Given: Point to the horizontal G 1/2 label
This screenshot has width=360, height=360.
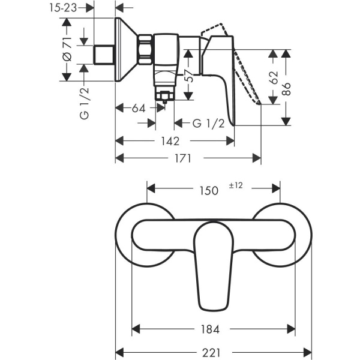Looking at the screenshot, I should (x=208, y=124).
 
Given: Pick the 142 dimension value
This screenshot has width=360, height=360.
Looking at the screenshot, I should (x=170, y=141).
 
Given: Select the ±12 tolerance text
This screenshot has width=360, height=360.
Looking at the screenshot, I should (x=236, y=186).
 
